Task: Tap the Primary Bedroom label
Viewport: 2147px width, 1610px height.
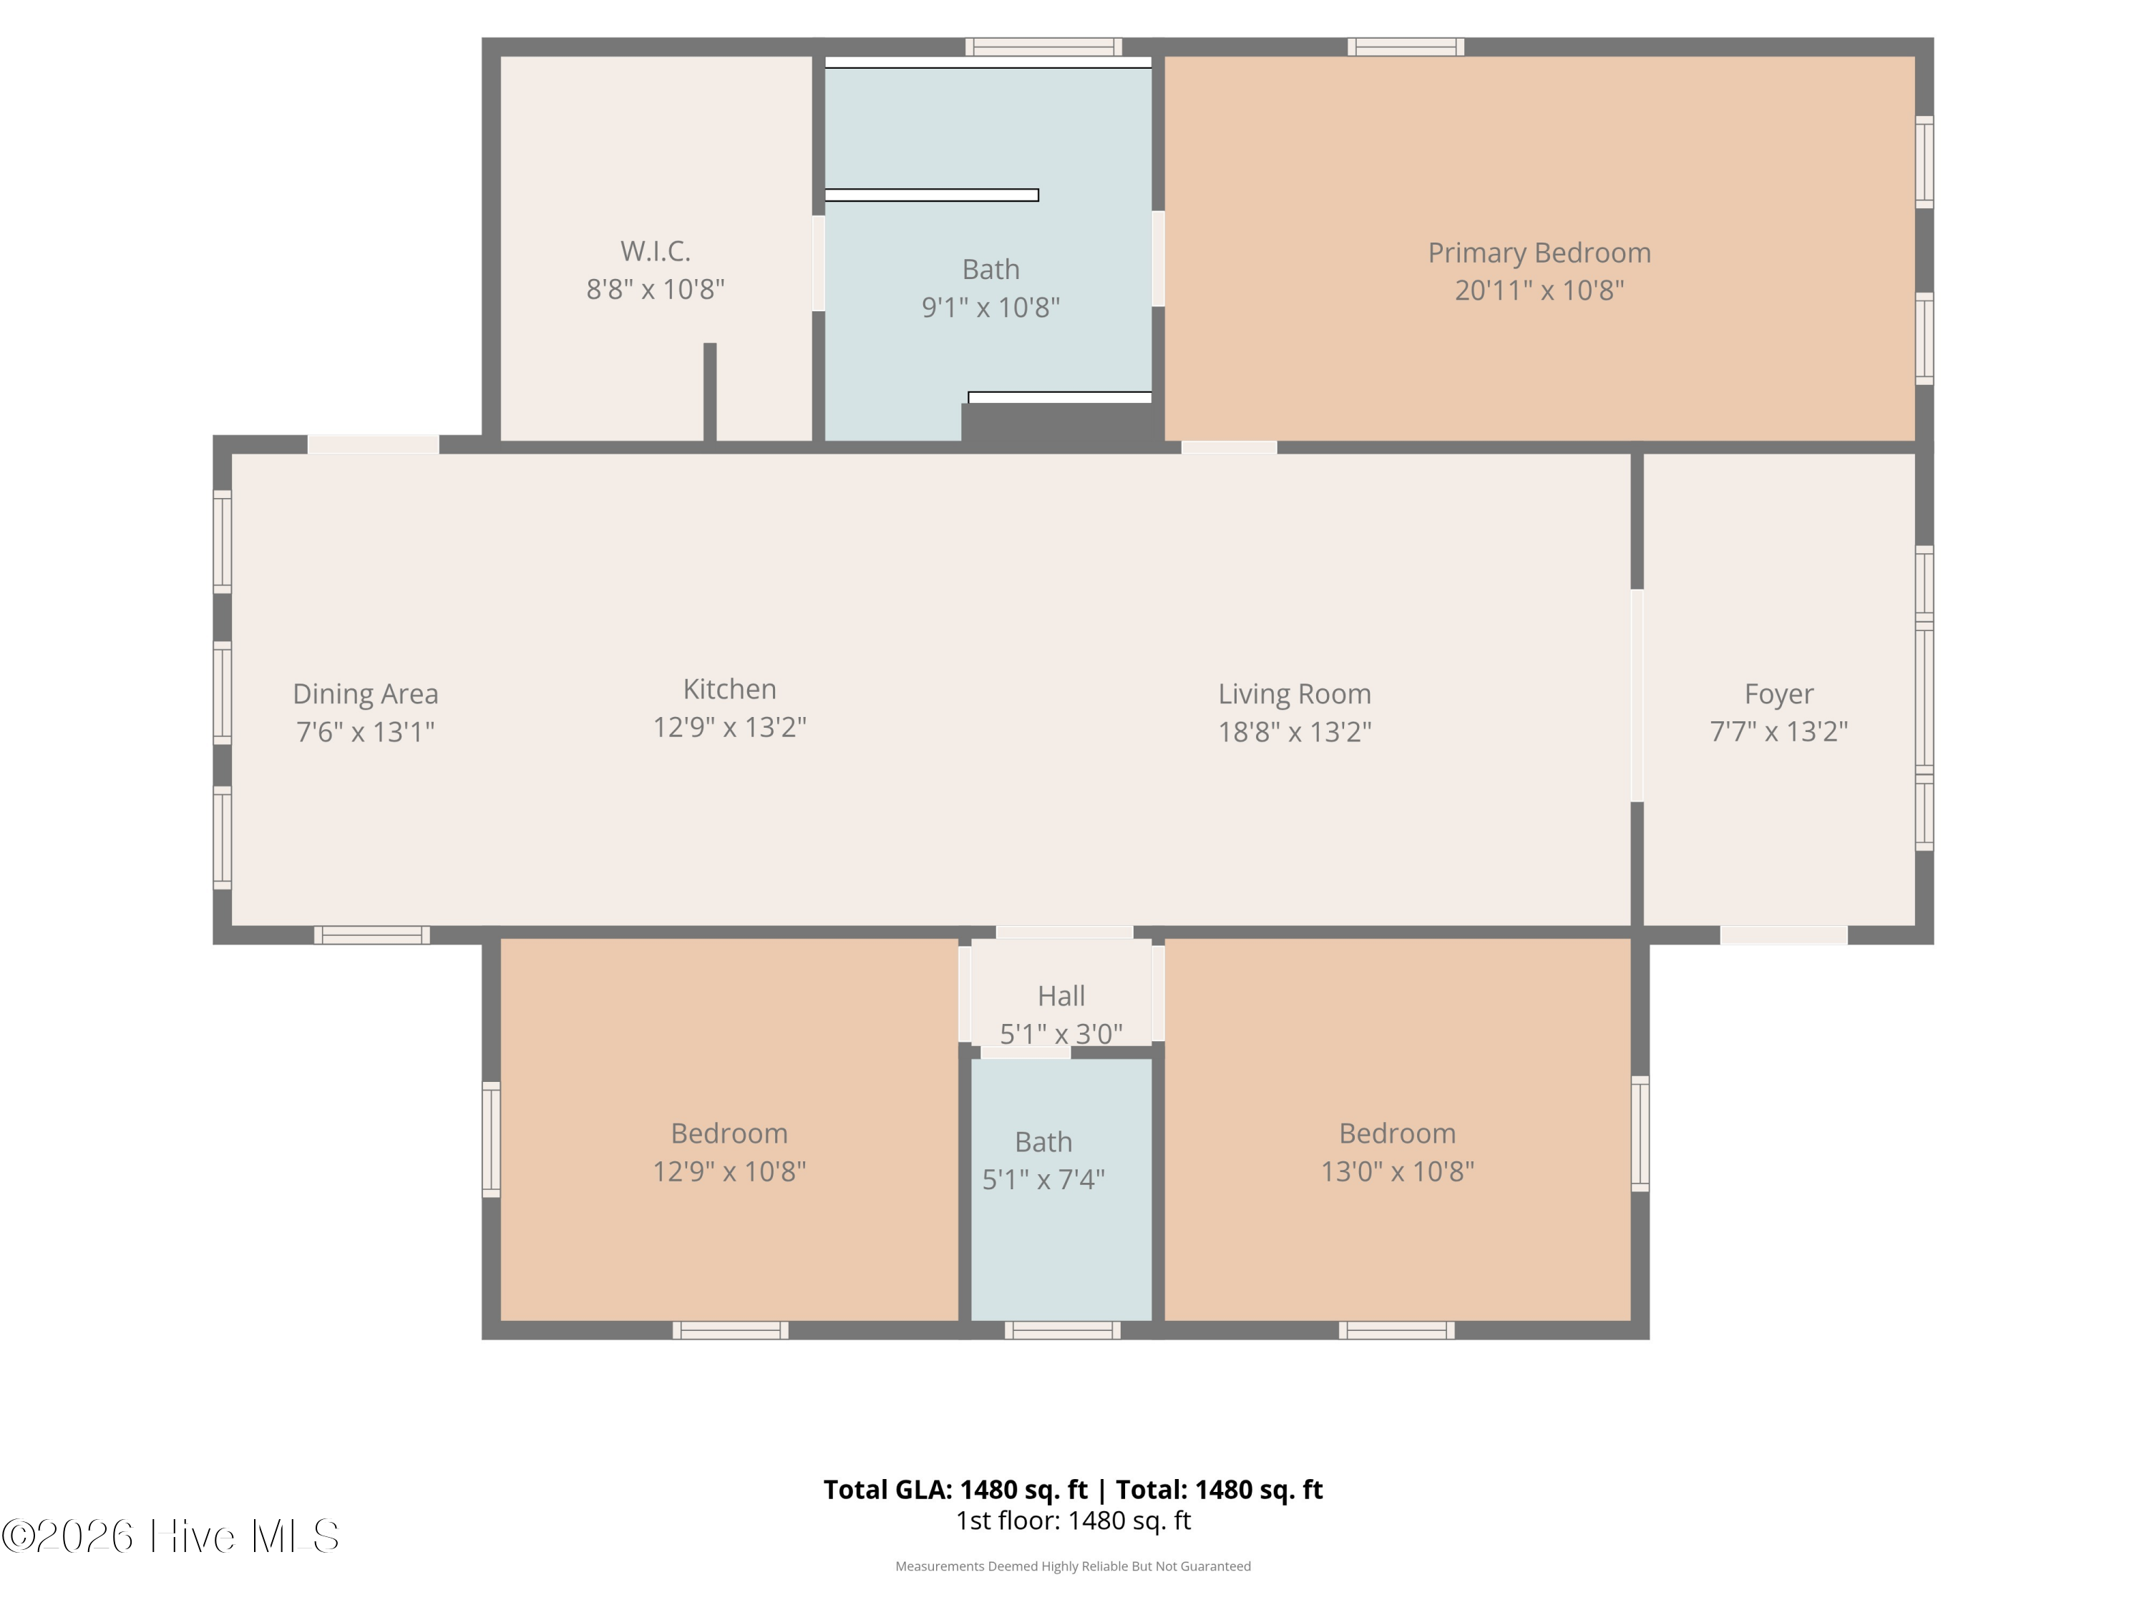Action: pos(1539,253)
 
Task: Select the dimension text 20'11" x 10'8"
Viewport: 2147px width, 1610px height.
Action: pos(1539,291)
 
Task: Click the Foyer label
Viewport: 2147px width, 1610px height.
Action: pos(1778,695)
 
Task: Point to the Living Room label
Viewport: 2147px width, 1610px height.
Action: pos(1295,694)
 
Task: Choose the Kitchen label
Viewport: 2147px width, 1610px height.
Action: pos(730,689)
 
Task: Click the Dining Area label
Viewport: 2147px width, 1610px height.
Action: pos(366,695)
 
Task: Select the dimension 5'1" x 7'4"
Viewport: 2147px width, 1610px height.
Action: pos(1043,1179)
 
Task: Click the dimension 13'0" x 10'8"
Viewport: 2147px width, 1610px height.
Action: pos(1397,1171)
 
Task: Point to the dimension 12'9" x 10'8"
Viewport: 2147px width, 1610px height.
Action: pos(730,1171)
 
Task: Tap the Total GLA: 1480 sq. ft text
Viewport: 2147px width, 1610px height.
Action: pos(955,1490)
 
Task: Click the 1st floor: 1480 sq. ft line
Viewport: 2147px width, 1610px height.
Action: pos(1073,1521)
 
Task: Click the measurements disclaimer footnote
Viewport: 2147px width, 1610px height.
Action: pos(1073,1566)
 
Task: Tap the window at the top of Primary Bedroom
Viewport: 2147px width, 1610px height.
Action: pos(1406,47)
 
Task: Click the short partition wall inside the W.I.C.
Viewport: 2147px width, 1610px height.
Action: pos(709,392)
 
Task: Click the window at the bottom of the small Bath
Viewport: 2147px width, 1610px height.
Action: pos(1063,1330)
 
